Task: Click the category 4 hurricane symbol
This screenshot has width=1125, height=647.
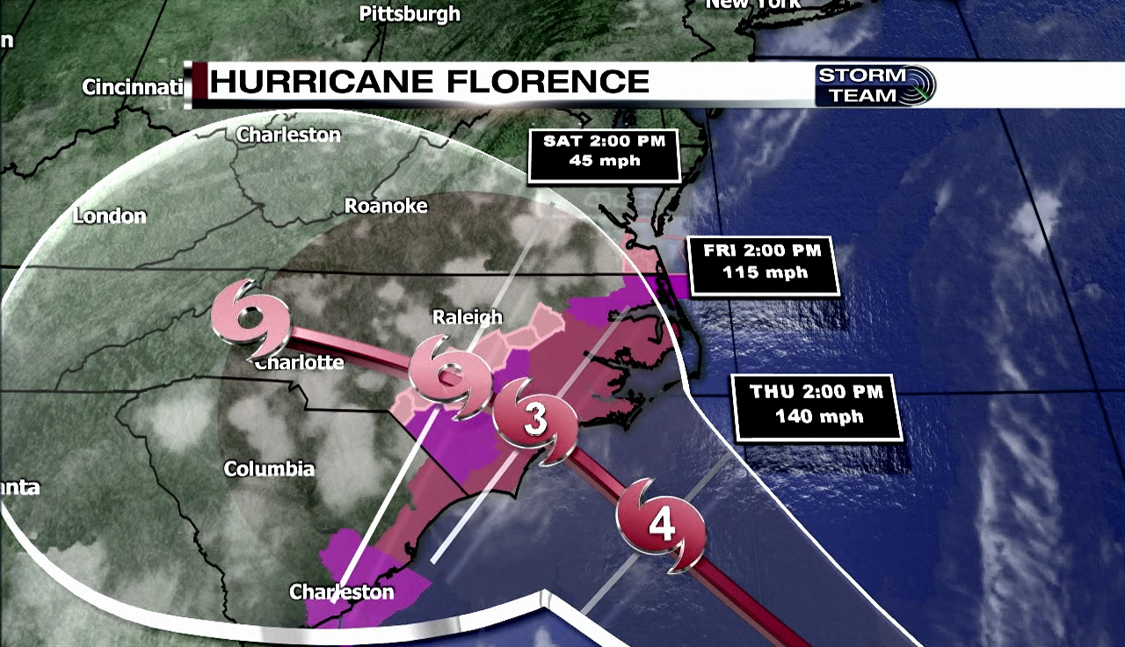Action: pos(661,526)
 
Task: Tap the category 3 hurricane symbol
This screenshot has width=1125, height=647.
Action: pos(534,420)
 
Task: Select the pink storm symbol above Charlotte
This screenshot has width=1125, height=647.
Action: pos(252,318)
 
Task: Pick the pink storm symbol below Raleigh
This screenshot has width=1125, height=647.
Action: pos(450,377)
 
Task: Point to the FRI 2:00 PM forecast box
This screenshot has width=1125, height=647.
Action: pos(763,261)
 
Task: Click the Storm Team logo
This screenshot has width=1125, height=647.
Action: pos(875,85)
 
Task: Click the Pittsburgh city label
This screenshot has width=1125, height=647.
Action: pos(410,13)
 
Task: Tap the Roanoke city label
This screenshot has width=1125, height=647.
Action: pos(386,206)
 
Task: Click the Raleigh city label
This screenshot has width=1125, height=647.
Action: pos(468,316)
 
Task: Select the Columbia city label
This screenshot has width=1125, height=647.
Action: pos(269,469)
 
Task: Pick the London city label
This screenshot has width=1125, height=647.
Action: pos(110,215)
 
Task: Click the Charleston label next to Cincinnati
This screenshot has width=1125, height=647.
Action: pos(288,134)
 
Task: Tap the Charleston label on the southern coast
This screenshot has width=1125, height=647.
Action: pos(342,592)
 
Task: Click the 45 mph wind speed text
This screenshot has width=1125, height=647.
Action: pos(604,161)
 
